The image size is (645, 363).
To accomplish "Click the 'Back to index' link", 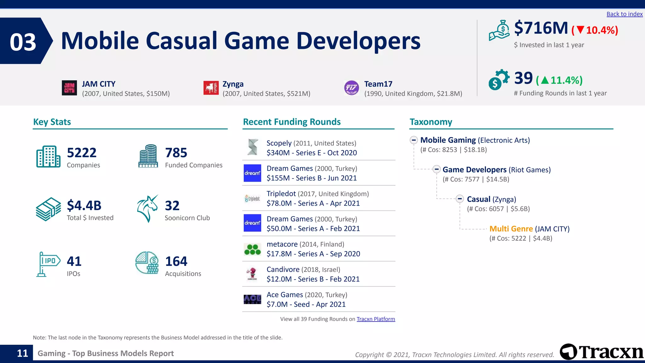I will click(x=624, y=14).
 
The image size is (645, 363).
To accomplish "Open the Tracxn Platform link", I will click(x=375, y=319).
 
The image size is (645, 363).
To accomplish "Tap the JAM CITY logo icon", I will click(x=69, y=88).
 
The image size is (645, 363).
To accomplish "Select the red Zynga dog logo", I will click(x=211, y=88).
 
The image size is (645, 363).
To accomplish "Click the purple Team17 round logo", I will click(x=351, y=88).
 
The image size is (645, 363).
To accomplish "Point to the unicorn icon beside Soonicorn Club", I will click(x=147, y=209).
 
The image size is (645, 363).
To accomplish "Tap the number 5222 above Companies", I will click(x=82, y=153).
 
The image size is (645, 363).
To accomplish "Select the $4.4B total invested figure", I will click(x=84, y=205).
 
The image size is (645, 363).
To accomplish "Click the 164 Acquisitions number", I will click(x=176, y=261).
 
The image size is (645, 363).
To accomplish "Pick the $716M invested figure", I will click(x=541, y=28).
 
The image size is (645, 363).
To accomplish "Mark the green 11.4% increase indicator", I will click(x=559, y=80).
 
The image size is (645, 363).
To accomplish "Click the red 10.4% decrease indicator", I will click(x=595, y=30).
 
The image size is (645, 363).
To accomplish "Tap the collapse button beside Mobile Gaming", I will click(x=414, y=140).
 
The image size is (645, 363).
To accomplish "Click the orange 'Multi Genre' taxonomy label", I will click(x=511, y=229).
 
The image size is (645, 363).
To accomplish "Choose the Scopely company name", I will click(x=279, y=143).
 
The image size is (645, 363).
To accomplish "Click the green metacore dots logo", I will click(x=252, y=249).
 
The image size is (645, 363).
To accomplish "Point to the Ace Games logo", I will click(x=252, y=299).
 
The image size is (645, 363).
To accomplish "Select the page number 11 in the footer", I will click(x=22, y=353).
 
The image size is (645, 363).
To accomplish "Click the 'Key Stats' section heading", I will click(x=52, y=122).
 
